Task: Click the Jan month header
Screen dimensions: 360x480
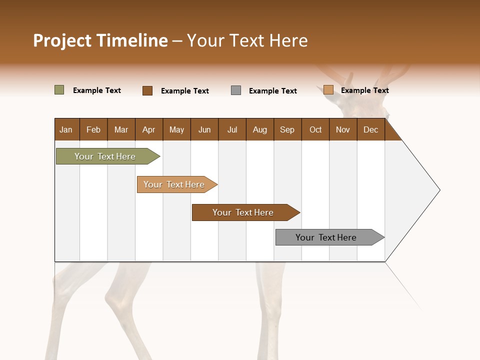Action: pos(66,129)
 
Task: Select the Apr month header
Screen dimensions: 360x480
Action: pos(149,129)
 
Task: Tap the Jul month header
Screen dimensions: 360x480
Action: pos(232,129)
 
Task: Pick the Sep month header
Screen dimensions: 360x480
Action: pos(287,129)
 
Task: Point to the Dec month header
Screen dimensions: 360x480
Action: pos(370,129)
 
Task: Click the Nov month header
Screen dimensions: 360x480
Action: pos(343,129)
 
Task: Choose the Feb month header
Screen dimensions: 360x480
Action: pos(93,129)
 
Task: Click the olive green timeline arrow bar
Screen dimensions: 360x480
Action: pos(105,156)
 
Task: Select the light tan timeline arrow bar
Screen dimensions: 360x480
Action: pos(174,184)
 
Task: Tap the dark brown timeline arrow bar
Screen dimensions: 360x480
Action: pos(243,212)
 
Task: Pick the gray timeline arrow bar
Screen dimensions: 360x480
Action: pos(326,237)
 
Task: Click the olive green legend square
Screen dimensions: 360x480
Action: pos(59,90)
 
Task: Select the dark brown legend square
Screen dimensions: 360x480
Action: pos(147,90)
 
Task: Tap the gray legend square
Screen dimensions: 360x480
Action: pos(236,90)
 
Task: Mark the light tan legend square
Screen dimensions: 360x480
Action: pos(328,90)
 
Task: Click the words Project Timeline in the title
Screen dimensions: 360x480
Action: pos(100,40)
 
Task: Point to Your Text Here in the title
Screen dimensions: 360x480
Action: pos(247,40)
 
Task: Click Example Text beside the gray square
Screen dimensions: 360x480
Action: pos(273,91)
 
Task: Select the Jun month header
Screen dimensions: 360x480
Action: pos(204,129)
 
